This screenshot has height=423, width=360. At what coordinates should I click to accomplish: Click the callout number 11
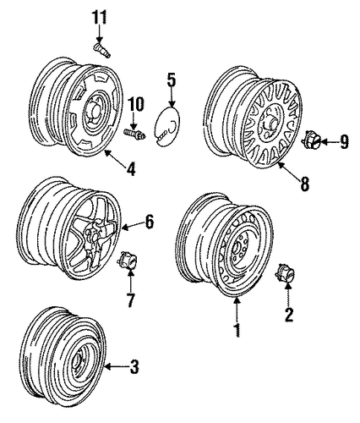pyautogui.click(x=99, y=18)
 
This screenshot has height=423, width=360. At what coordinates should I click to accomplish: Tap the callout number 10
pyautogui.click(x=136, y=105)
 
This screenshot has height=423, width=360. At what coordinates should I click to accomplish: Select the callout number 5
pyautogui.click(x=172, y=80)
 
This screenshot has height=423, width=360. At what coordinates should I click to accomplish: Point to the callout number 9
pyautogui.click(x=343, y=142)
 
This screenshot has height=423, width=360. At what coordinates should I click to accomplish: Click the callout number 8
pyautogui.click(x=305, y=184)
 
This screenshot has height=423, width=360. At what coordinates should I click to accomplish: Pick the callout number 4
pyautogui.click(x=131, y=168)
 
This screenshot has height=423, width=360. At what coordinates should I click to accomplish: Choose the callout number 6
pyautogui.click(x=150, y=222)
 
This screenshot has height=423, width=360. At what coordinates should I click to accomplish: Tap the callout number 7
pyautogui.click(x=130, y=300)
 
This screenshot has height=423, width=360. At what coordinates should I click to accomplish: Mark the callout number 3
pyautogui.click(x=134, y=367)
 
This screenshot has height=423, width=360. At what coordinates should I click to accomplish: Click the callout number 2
pyautogui.click(x=289, y=315)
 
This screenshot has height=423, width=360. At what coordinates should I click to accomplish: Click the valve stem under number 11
pyautogui.click(x=101, y=50)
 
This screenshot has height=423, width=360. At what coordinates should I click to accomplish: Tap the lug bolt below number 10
pyautogui.click(x=135, y=134)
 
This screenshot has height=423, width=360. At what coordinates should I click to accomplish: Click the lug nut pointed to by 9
pyautogui.click(x=312, y=140)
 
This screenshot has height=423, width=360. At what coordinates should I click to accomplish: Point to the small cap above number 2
pyautogui.click(x=285, y=272)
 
